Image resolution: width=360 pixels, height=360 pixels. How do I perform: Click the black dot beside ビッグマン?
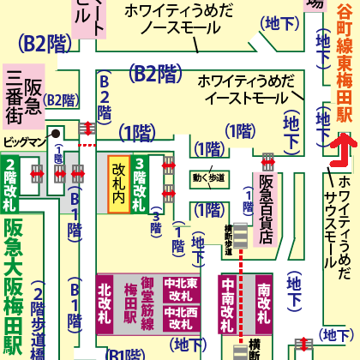tap(53, 135)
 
